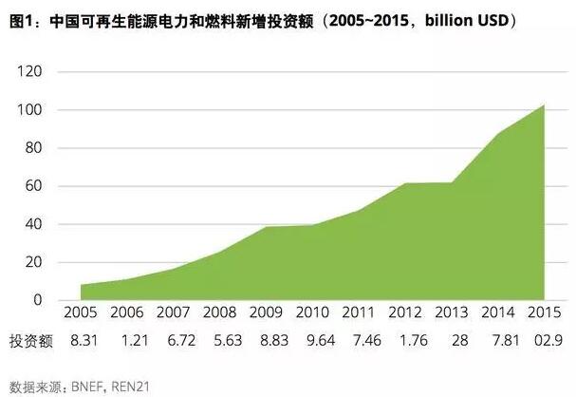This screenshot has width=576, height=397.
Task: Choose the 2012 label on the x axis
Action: click(x=405, y=313)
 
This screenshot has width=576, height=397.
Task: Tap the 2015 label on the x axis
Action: click(x=544, y=313)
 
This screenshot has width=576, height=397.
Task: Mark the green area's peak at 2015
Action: click(x=544, y=104)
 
